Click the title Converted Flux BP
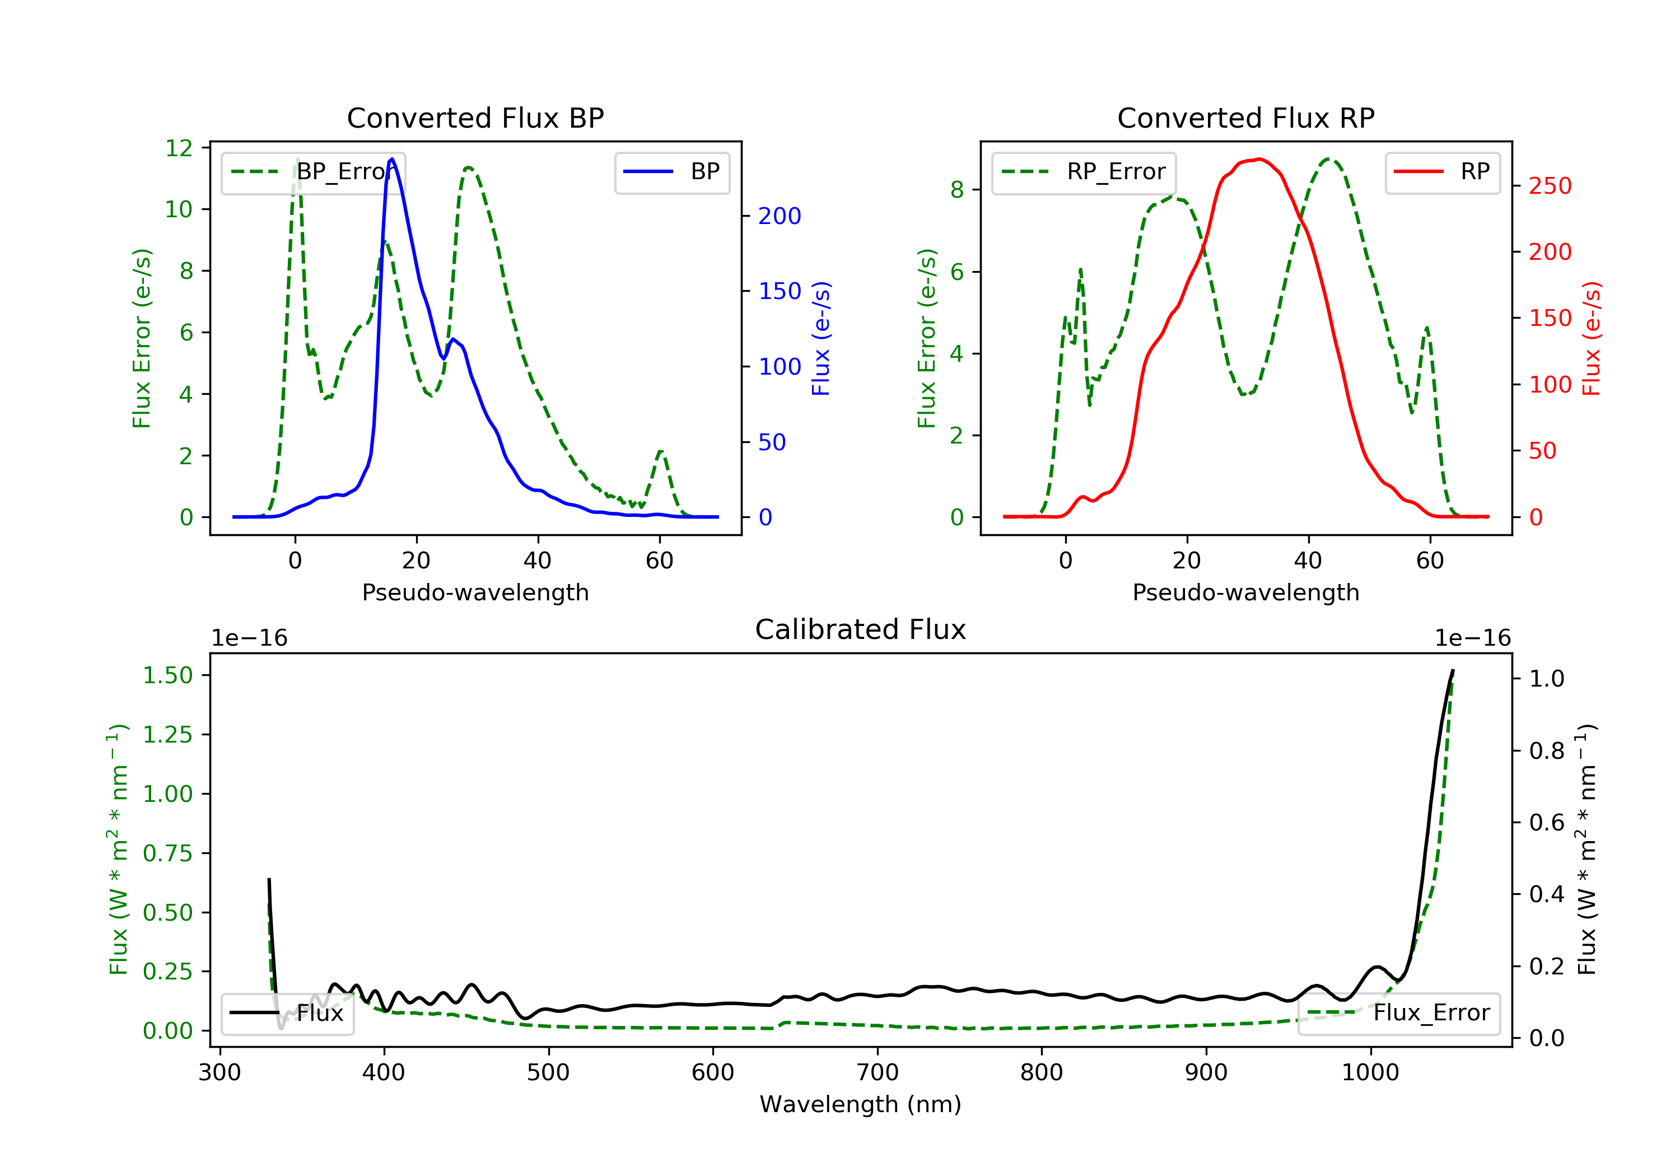point(475,118)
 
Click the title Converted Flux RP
point(1245,118)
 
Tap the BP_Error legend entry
point(312,172)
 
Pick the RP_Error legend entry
point(1083,172)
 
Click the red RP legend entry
point(1442,172)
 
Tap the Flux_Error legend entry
point(1398,1013)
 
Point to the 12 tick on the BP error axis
point(179,148)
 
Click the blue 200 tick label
point(780,216)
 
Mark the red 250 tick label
point(1550,186)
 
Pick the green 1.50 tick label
point(167,675)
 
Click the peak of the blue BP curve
point(392,159)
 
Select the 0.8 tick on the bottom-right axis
point(1546,751)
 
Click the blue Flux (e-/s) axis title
point(821,339)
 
